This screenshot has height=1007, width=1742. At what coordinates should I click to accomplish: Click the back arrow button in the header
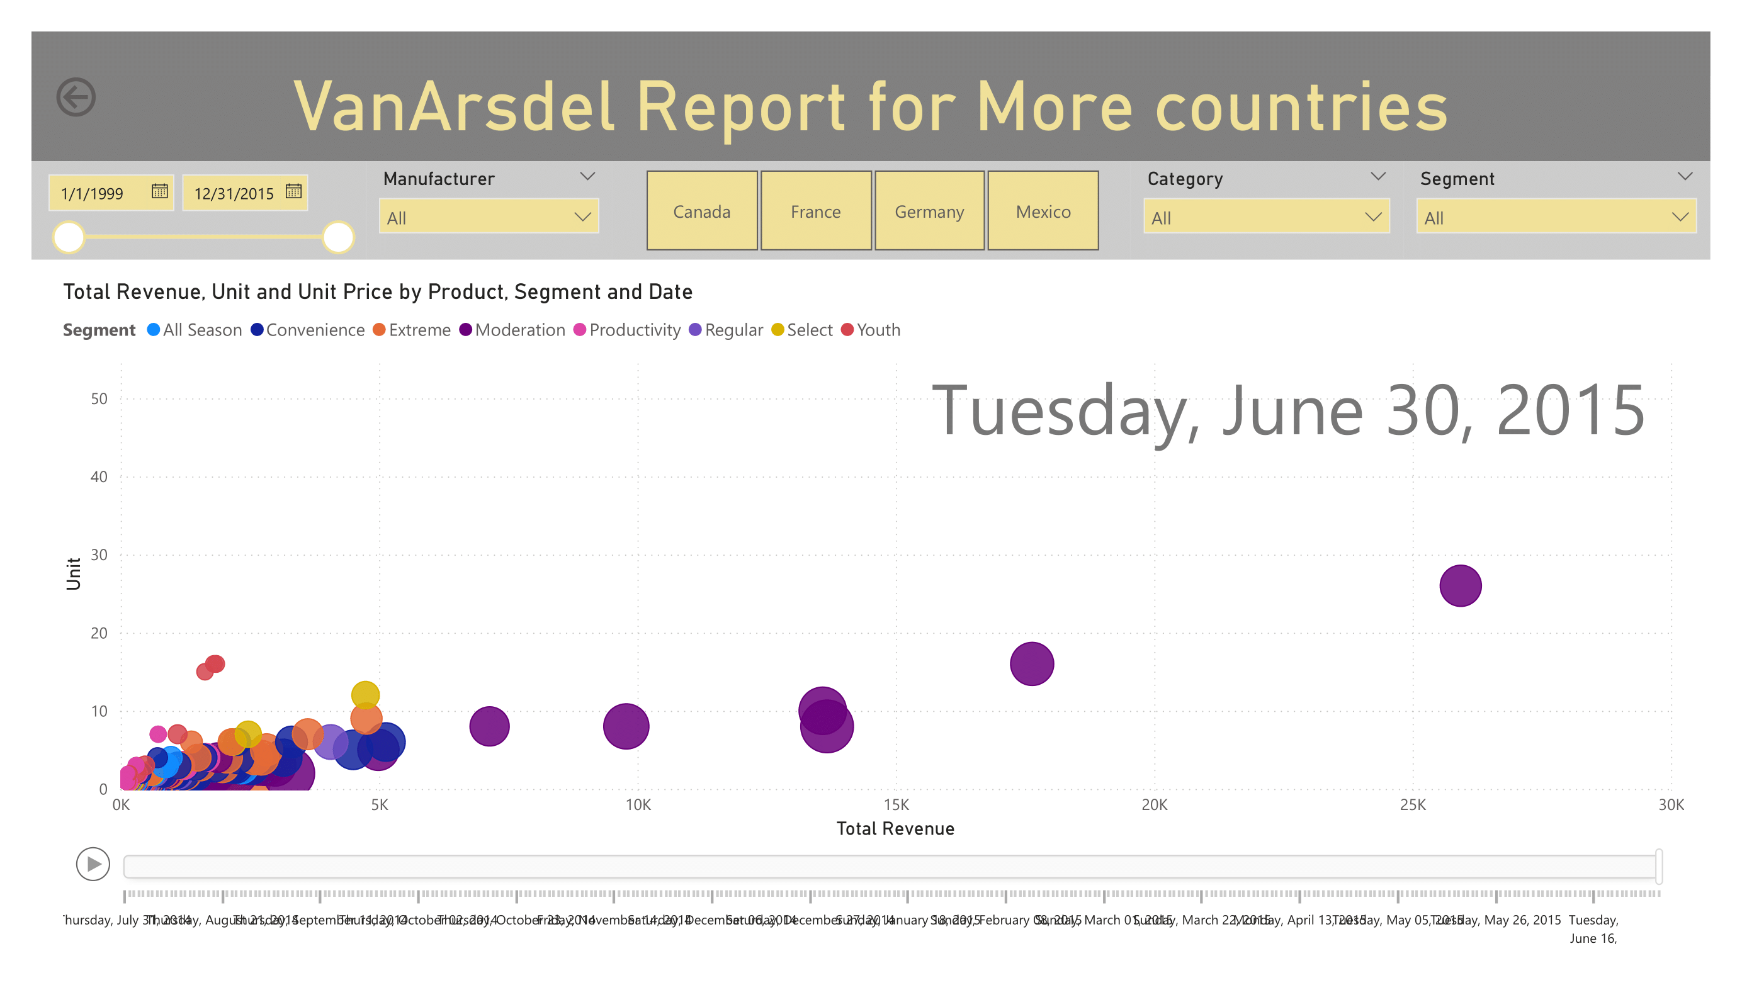click(76, 97)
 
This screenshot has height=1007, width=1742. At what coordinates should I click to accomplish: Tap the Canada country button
click(701, 211)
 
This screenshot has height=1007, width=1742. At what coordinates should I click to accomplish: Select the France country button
click(816, 211)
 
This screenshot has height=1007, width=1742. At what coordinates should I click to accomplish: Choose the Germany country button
click(929, 211)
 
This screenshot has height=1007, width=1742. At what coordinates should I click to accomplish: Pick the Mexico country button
click(1043, 211)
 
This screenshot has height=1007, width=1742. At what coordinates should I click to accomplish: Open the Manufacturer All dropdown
click(488, 217)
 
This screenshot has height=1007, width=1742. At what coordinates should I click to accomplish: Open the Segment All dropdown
click(1556, 217)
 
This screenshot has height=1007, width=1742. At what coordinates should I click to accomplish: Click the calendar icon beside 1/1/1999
click(160, 191)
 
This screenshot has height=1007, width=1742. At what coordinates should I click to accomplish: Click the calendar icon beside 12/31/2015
click(294, 191)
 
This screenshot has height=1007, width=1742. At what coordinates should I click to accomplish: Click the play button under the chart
click(93, 864)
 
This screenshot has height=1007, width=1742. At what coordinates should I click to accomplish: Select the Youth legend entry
click(871, 330)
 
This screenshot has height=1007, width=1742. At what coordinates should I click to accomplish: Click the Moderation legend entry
click(512, 330)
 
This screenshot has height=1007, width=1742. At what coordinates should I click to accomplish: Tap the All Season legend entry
click(195, 330)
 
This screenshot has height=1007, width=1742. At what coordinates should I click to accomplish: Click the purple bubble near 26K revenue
click(1460, 585)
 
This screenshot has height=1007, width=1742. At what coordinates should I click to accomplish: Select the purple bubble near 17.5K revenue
click(1031, 663)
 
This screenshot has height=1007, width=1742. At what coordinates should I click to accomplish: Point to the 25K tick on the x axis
click(1412, 804)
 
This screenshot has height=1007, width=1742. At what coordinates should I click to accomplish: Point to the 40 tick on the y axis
click(99, 476)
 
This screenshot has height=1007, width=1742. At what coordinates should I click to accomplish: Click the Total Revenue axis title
click(895, 829)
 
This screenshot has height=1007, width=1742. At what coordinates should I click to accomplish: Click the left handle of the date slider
click(69, 237)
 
